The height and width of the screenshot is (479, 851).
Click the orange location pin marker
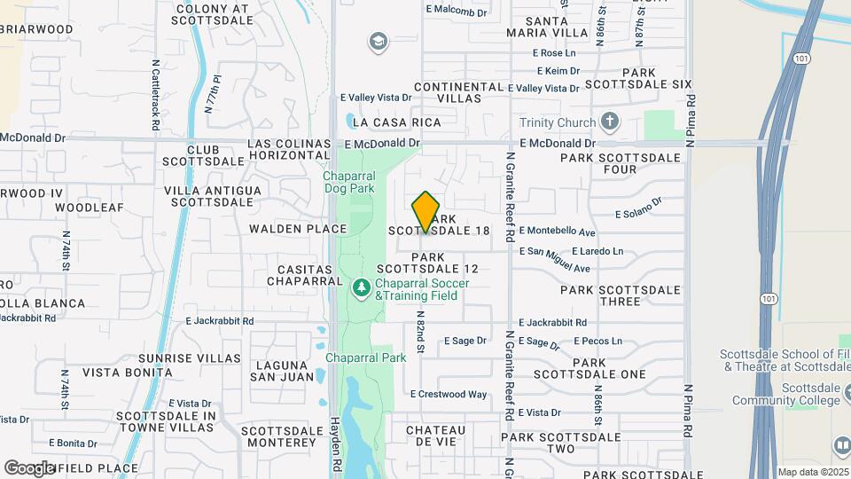click(x=425, y=212)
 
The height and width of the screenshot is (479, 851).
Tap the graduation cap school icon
click(x=379, y=42)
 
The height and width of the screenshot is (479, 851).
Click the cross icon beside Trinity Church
click(x=609, y=122)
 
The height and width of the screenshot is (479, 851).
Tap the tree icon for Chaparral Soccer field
click(x=361, y=288)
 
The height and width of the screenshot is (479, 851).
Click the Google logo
click(x=28, y=467)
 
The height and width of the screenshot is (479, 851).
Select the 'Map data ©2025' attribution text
click(x=812, y=472)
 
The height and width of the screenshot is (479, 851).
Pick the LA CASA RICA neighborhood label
click(x=395, y=122)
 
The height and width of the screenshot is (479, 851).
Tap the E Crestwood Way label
click(x=449, y=394)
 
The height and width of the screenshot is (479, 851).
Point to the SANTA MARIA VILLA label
click(x=547, y=27)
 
